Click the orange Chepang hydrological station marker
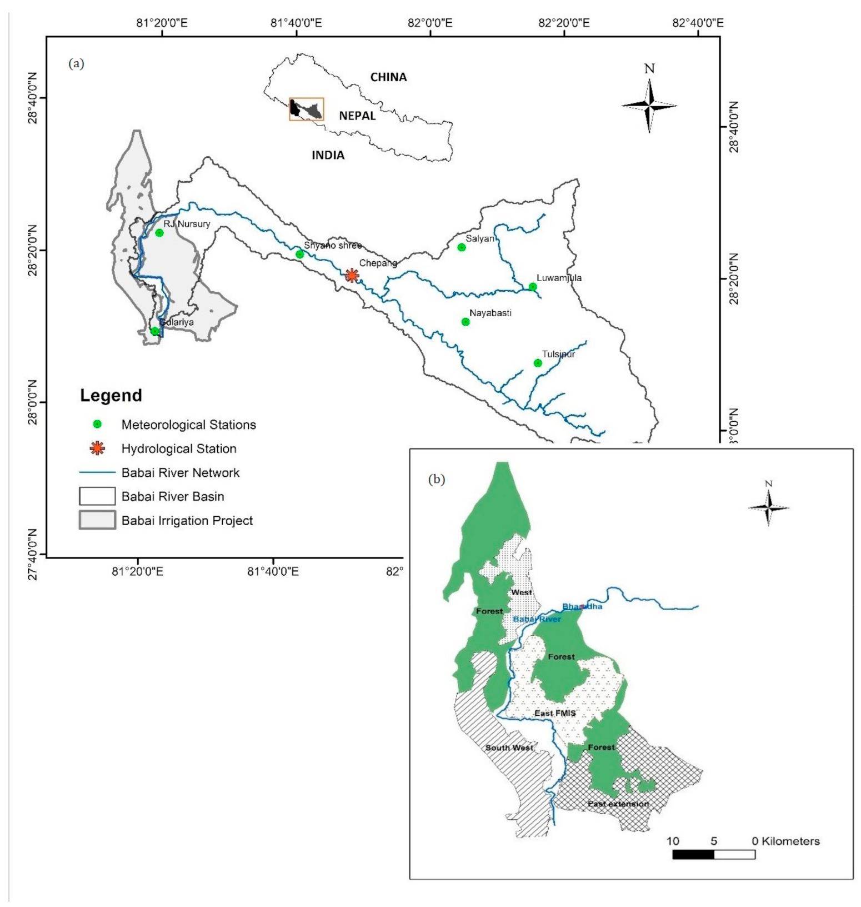[352, 275]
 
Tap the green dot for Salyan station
[462, 247]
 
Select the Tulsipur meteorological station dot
[538, 363]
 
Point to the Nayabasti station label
[490, 313]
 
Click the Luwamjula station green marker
[533, 287]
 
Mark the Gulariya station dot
[155, 331]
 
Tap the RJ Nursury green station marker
[159, 232]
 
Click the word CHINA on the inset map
[388, 77]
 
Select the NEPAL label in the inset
[357, 116]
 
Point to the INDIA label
[328, 155]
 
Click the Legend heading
[111, 395]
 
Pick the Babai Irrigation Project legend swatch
[97, 520]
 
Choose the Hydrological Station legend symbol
[97, 448]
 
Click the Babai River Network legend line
[97, 473]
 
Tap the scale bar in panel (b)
[713, 854]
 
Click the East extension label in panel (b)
[618, 804]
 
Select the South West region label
[509, 747]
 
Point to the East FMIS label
[555, 713]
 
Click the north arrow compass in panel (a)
[649, 105]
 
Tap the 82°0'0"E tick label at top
[430, 23]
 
